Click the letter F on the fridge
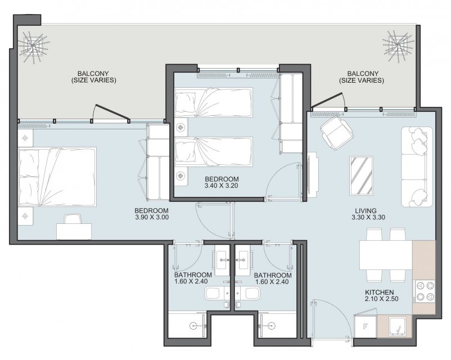coord(366,327)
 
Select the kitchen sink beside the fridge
coord(397,327)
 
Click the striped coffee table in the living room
coord(361,175)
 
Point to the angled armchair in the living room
coord(336,133)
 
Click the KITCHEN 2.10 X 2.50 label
coord(381,295)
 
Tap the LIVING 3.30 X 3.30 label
coord(368,214)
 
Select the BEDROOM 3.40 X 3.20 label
coord(222,182)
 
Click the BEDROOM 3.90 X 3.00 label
coord(152,214)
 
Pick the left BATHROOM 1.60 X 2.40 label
coord(193,278)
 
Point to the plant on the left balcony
coord(33,46)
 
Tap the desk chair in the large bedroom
coord(73,219)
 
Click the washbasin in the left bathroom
coord(222,259)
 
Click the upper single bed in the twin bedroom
coord(214,102)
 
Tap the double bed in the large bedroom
coord(57,177)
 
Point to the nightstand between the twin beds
coord(181,127)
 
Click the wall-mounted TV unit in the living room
coord(313,175)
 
